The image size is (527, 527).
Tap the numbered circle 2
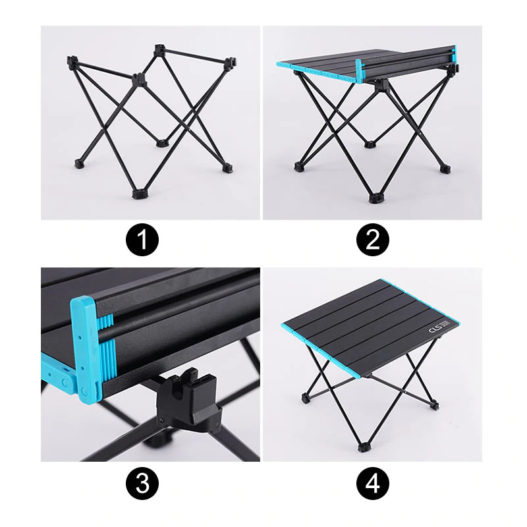click(x=373, y=240)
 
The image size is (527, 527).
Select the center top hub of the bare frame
click(x=138, y=80)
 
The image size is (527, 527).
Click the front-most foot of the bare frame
click(x=138, y=194)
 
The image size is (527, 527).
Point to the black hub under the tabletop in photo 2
click(x=380, y=86)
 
